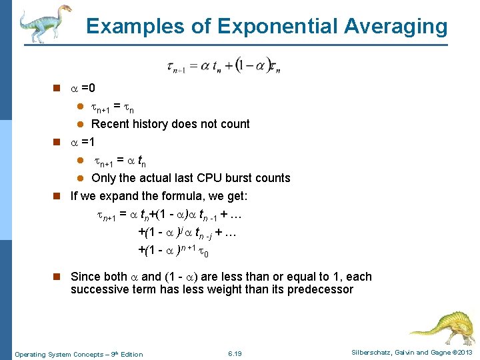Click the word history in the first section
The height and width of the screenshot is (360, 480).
coord(148,124)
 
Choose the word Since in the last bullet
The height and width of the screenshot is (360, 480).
coord(85,277)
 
